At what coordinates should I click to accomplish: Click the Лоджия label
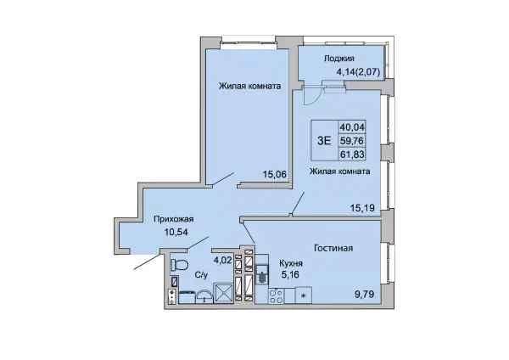(x=338, y=59)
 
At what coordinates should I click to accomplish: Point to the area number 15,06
(x=275, y=174)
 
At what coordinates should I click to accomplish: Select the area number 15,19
(x=362, y=208)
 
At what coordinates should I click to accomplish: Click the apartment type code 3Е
(x=324, y=141)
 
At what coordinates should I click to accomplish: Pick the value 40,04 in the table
(x=352, y=127)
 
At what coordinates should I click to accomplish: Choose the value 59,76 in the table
(x=352, y=141)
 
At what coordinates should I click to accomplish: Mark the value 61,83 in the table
(x=352, y=154)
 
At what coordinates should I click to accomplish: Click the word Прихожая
(x=174, y=219)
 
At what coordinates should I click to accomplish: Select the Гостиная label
(x=333, y=248)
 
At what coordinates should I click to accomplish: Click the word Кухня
(x=292, y=263)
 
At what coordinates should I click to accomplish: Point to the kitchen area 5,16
(x=290, y=275)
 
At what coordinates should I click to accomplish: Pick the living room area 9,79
(x=364, y=295)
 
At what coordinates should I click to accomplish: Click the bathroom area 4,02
(x=222, y=261)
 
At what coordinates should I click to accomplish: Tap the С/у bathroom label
(x=201, y=275)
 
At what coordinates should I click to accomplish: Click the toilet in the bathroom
(x=179, y=264)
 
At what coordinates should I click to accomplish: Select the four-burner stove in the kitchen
(x=277, y=295)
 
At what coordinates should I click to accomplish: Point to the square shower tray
(x=223, y=293)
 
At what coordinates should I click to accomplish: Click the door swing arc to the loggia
(x=313, y=98)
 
